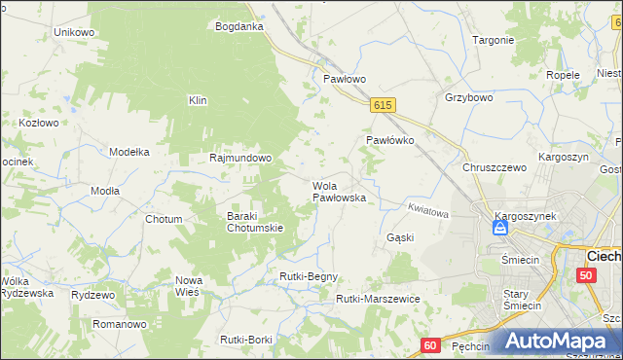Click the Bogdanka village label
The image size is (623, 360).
point(239,26)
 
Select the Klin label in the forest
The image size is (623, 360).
point(199,100)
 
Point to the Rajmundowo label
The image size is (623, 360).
point(240,158)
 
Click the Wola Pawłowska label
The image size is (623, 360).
point(338,192)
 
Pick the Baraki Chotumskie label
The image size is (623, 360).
point(254,222)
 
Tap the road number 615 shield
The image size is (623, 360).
point(383,105)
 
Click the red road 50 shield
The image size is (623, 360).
point(585,275)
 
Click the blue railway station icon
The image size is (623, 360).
point(499,228)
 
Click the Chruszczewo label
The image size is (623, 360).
point(495,167)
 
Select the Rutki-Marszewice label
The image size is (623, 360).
point(377,299)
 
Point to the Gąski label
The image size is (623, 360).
point(400,237)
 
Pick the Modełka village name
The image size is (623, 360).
point(128,152)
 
